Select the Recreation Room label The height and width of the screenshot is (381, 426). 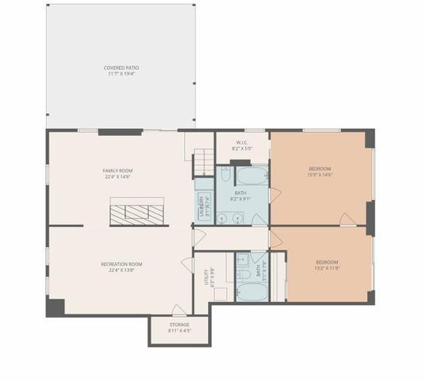pos(121,267)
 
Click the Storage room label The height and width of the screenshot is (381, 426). pos(178,328)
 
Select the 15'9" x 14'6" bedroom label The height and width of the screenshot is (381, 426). pos(320,171)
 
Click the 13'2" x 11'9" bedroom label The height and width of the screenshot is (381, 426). pos(327,265)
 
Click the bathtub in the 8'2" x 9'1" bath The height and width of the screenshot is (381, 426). pos(252,175)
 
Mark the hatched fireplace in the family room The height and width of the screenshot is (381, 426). pos(137,213)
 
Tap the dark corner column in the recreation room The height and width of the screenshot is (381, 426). pos(55,306)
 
